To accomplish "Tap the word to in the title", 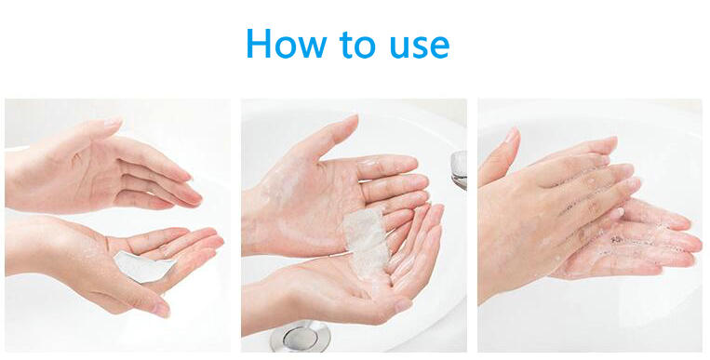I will coord(358,44).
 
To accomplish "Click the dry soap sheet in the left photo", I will coord(141,268).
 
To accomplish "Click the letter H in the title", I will coord(261,43).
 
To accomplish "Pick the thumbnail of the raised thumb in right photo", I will coord(510,137).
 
